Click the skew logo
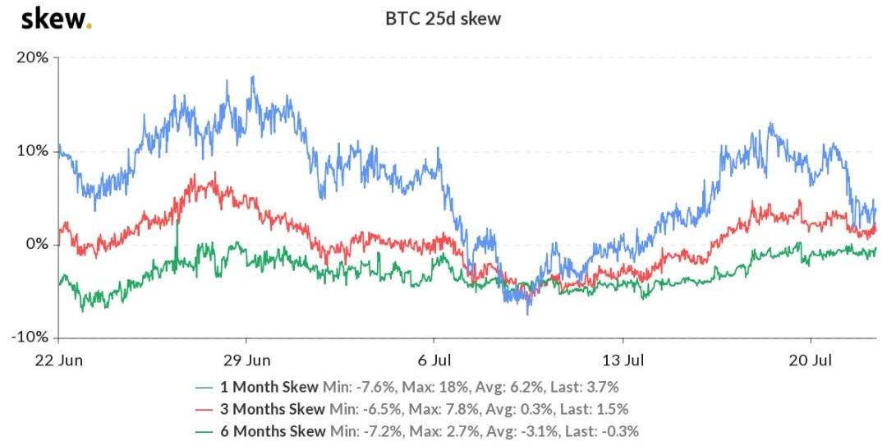tap(55, 18)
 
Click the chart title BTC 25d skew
tap(443, 19)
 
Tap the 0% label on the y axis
tap(37, 245)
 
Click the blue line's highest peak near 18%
tap(253, 77)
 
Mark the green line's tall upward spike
tap(177, 223)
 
